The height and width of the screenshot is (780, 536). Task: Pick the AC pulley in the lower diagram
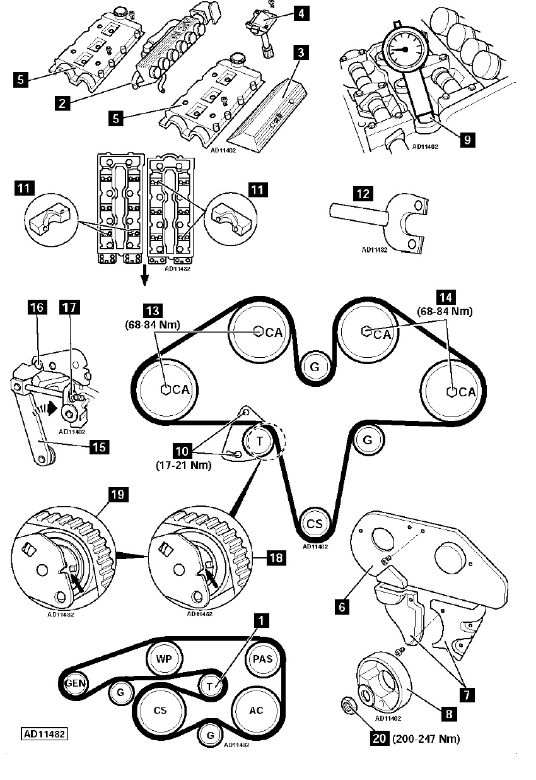point(256,710)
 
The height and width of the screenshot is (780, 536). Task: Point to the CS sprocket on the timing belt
point(314,523)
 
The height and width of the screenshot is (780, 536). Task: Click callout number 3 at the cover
point(301,53)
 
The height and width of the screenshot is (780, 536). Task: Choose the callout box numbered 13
point(153,310)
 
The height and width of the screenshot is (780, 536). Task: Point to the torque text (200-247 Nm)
point(426,738)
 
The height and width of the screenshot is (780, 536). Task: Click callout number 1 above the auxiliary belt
point(257,621)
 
